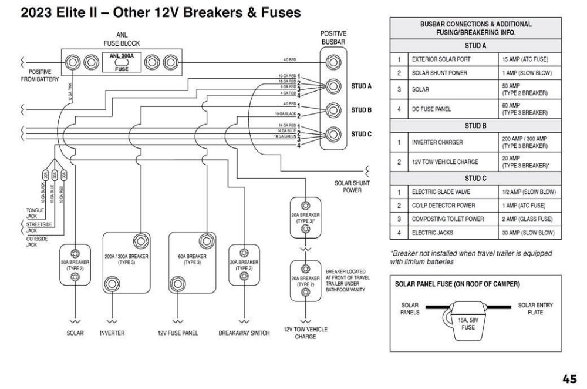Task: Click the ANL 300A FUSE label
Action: tap(122, 62)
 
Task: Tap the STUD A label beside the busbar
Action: tap(362, 86)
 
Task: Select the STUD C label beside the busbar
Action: tap(362, 134)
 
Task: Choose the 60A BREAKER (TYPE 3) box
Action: tap(192, 263)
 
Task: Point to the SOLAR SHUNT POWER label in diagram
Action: tap(352, 186)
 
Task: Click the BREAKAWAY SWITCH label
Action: tap(244, 333)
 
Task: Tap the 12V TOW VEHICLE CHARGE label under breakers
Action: tap(305, 333)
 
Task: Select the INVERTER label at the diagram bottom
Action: tap(112, 333)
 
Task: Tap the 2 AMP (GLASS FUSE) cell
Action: tap(528, 219)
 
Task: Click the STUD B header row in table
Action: tap(475, 125)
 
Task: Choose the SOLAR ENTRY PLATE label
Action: tap(535, 308)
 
